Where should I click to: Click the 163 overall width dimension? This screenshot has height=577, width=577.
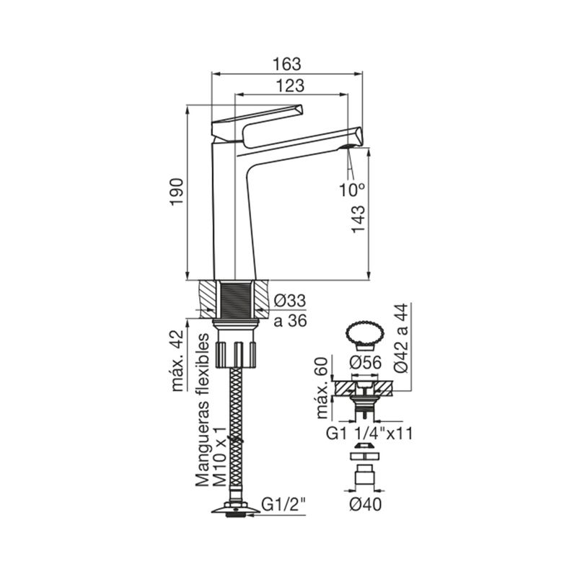[286, 64]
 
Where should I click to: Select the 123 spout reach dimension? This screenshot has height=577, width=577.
[291, 86]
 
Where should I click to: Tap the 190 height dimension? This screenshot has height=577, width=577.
[177, 192]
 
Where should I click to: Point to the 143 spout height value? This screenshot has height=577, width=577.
[358, 219]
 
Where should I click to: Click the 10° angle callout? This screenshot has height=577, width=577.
[352, 190]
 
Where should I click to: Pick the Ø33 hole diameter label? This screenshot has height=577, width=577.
[290, 301]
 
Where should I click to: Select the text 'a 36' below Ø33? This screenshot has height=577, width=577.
[290, 321]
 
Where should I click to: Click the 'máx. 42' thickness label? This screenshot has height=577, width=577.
[177, 361]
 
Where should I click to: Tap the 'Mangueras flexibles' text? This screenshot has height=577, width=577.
[202, 410]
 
